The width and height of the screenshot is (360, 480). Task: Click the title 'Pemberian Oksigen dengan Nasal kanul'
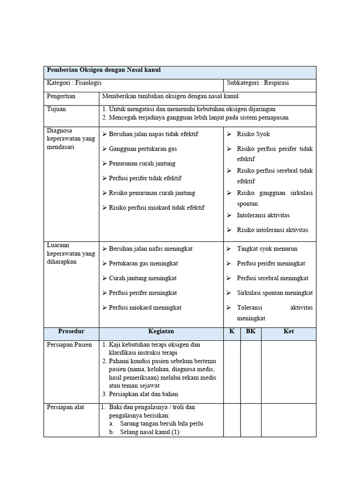tap(104, 70)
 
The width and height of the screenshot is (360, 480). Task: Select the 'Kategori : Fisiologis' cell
tap(74, 82)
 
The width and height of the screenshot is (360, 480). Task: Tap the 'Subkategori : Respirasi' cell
tap(258, 82)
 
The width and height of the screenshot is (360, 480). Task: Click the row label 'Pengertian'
tap(61, 96)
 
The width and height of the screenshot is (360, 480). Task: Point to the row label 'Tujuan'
tap(56, 109)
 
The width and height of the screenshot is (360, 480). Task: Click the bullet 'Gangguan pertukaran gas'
tap(142, 149)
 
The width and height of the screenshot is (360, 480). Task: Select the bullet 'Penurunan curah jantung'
tap(142, 163)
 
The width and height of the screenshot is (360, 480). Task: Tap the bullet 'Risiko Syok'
tap(253, 134)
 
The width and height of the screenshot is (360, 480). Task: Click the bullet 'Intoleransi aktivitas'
tap(263, 215)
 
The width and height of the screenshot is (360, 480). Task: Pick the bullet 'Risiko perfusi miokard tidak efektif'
tap(157, 207)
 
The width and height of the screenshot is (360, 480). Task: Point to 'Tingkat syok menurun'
tap(267, 249)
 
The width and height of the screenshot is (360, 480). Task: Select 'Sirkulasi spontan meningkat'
tap(275, 293)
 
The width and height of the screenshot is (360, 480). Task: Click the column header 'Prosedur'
tap(71, 331)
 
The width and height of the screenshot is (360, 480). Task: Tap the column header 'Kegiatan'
tap(161, 331)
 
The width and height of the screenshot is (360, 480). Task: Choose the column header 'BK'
tap(251, 331)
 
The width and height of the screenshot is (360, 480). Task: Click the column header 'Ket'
tap(289, 331)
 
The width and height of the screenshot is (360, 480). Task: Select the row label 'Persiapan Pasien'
tap(69, 345)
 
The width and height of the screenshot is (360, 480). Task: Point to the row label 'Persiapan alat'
tap(65, 407)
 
